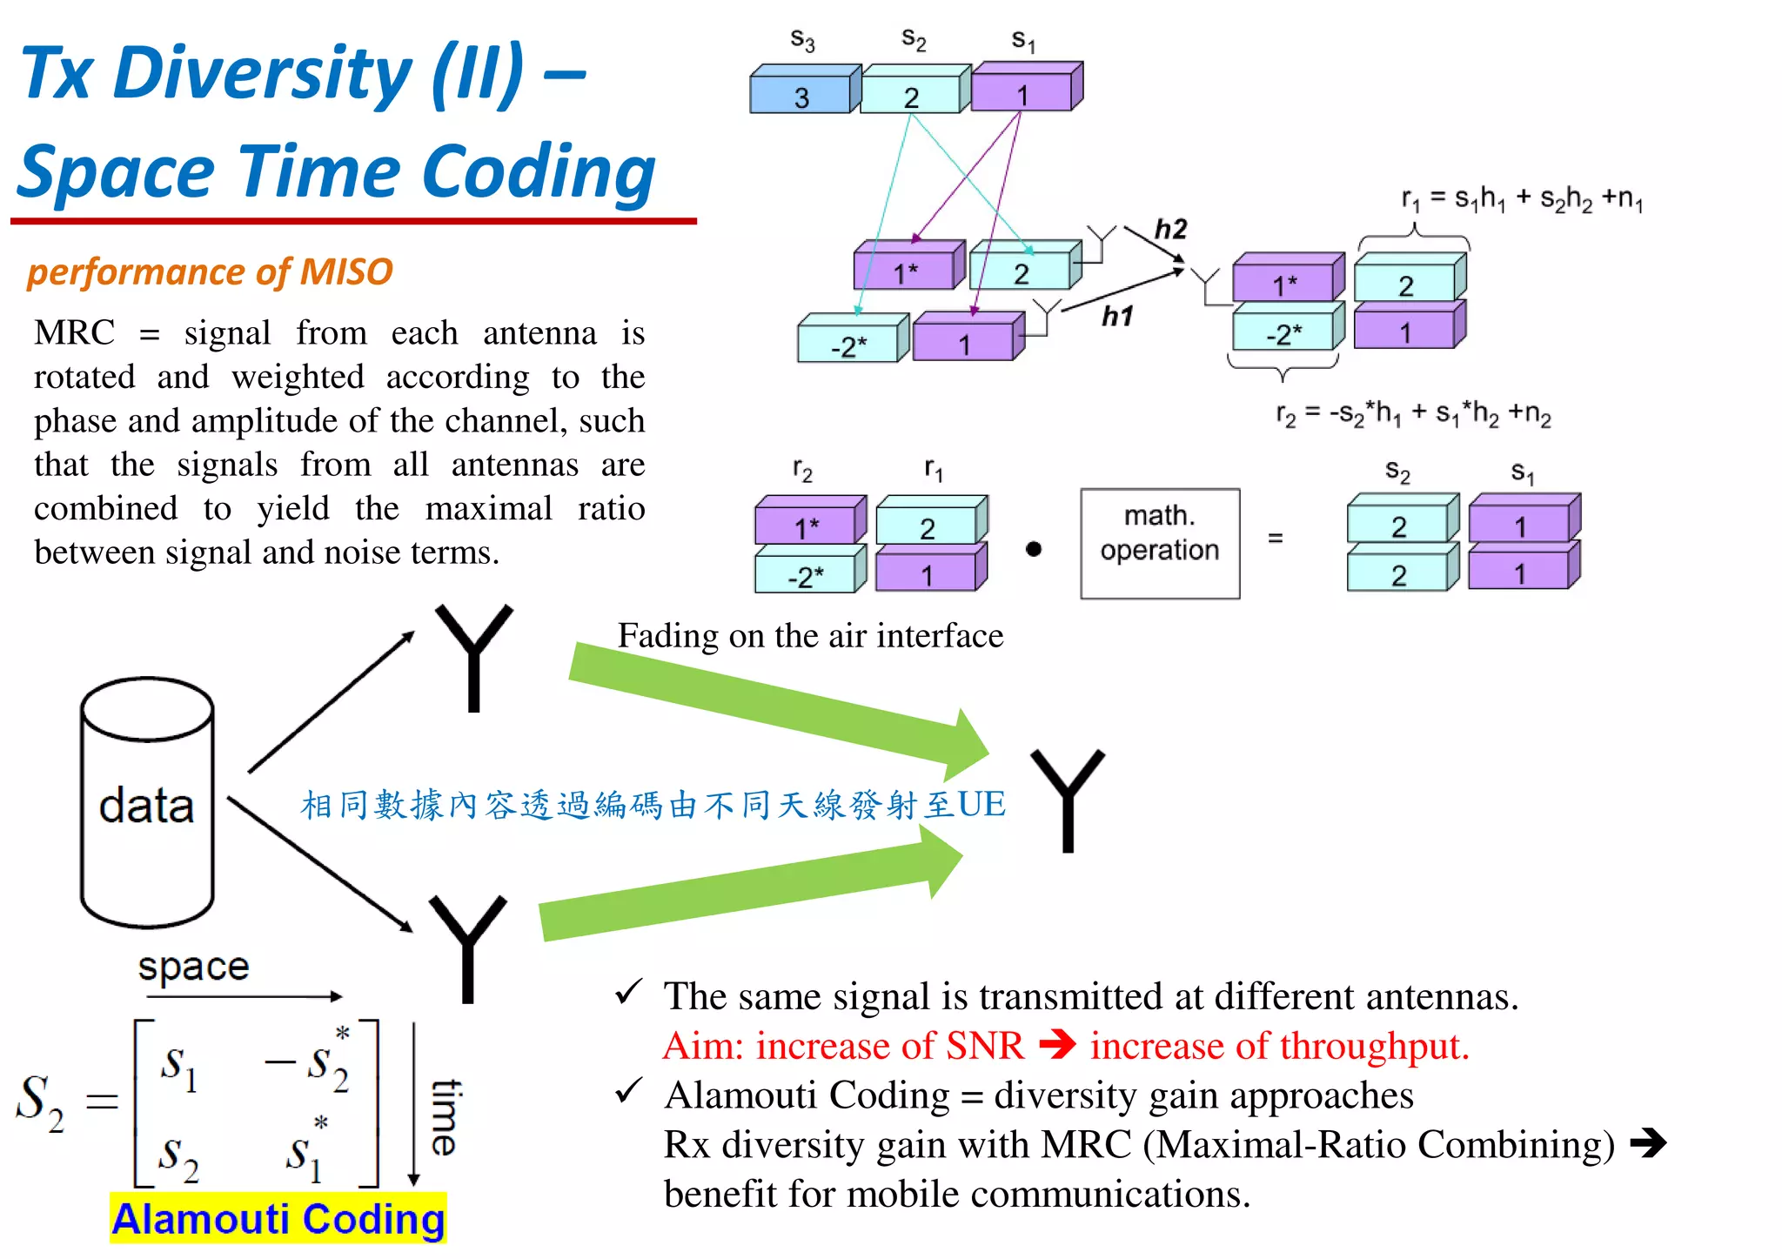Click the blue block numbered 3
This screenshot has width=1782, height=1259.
coord(801,93)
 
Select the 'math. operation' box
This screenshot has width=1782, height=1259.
coord(1159,543)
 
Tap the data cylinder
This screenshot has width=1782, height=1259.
coord(147,803)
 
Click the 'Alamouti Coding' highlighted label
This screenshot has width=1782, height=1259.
coord(278,1219)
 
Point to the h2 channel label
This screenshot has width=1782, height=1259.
coord(1170,229)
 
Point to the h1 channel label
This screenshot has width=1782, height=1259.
coord(1117,316)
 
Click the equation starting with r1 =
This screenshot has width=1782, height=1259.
coord(1522,200)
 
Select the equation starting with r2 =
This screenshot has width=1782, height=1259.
coord(1413,413)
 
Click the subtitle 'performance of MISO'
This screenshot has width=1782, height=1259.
coord(210,271)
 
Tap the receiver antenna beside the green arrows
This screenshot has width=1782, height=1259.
coord(1068,799)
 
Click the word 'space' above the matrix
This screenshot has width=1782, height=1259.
coord(193,966)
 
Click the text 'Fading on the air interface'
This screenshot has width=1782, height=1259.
coord(810,636)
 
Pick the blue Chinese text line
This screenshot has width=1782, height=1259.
coord(653,805)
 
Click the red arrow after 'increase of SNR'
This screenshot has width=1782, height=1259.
coord(1057,1044)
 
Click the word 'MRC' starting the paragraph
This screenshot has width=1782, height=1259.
coord(74,332)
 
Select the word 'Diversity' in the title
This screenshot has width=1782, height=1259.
coord(262,73)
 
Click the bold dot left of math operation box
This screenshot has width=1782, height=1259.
coord(1033,549)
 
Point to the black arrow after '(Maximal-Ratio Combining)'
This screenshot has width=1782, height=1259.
coord(1648,1143)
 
